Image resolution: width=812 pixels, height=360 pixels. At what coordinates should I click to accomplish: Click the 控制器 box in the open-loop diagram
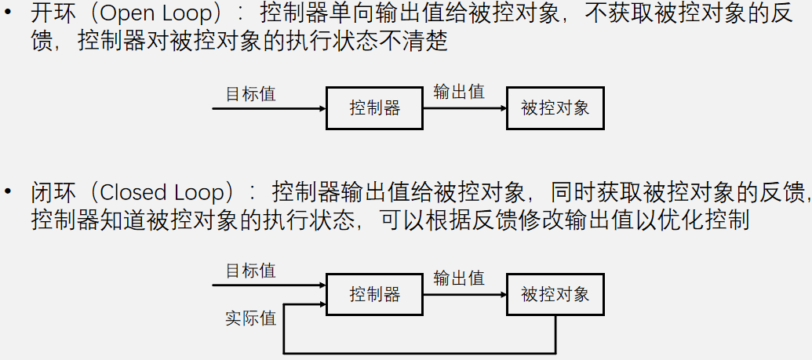374,108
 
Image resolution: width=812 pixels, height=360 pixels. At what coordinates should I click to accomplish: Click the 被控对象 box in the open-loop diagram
555,108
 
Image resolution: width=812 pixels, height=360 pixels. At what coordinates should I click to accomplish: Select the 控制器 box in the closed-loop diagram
374,294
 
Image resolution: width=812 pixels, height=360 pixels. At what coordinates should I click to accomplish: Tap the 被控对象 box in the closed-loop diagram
555,294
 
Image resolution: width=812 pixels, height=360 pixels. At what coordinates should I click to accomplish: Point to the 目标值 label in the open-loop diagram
251,94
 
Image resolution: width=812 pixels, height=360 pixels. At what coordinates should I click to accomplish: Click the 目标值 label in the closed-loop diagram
251,271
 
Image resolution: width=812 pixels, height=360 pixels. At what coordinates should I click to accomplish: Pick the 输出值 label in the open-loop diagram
459,92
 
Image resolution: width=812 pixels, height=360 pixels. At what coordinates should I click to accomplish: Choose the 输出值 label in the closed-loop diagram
459,278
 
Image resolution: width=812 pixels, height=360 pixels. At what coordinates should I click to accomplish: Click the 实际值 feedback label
251,319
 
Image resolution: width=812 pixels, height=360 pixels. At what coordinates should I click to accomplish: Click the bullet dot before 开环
7,16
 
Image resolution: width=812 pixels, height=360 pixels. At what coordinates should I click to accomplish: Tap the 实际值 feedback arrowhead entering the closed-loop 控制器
322,304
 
